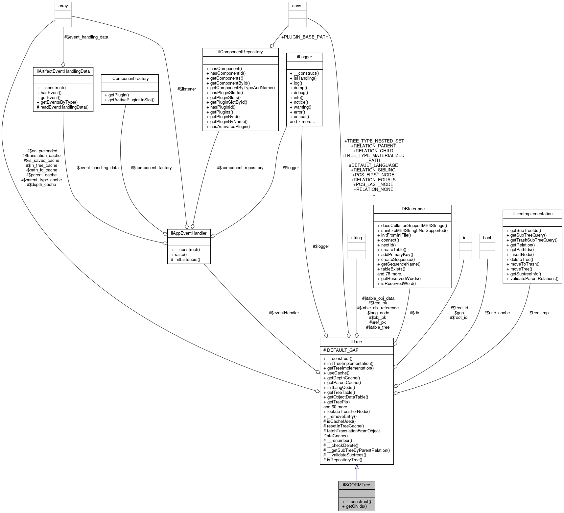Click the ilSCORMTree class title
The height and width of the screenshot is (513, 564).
pos(357,485)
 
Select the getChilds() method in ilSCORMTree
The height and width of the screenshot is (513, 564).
pos(356,506)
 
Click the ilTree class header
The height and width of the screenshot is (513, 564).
pos(357,342)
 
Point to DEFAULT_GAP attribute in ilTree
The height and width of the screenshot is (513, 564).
pos(341,350)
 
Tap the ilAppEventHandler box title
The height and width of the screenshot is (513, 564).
pos(189,233)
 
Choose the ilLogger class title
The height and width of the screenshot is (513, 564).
pos(304,57)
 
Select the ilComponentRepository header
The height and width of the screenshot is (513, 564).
pos(241,52)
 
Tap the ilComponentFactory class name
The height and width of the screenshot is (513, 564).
pos(129,79)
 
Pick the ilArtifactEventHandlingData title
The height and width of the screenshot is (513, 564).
pos(63,71)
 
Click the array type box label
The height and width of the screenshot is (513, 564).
pos(63,6)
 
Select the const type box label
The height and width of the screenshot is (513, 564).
pos(297,6)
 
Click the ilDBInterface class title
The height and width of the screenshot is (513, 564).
pos(412,209)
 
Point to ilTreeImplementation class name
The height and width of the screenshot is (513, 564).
pos(532,214)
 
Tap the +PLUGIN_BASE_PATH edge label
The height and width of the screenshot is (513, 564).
pos(305,37)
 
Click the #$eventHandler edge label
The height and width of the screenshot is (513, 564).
pos(284,313)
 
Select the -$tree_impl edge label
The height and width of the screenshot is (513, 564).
pos(539,313)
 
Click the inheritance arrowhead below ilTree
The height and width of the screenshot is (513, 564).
pos(357,467)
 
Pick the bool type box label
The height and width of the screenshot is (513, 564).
pos(487,238)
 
